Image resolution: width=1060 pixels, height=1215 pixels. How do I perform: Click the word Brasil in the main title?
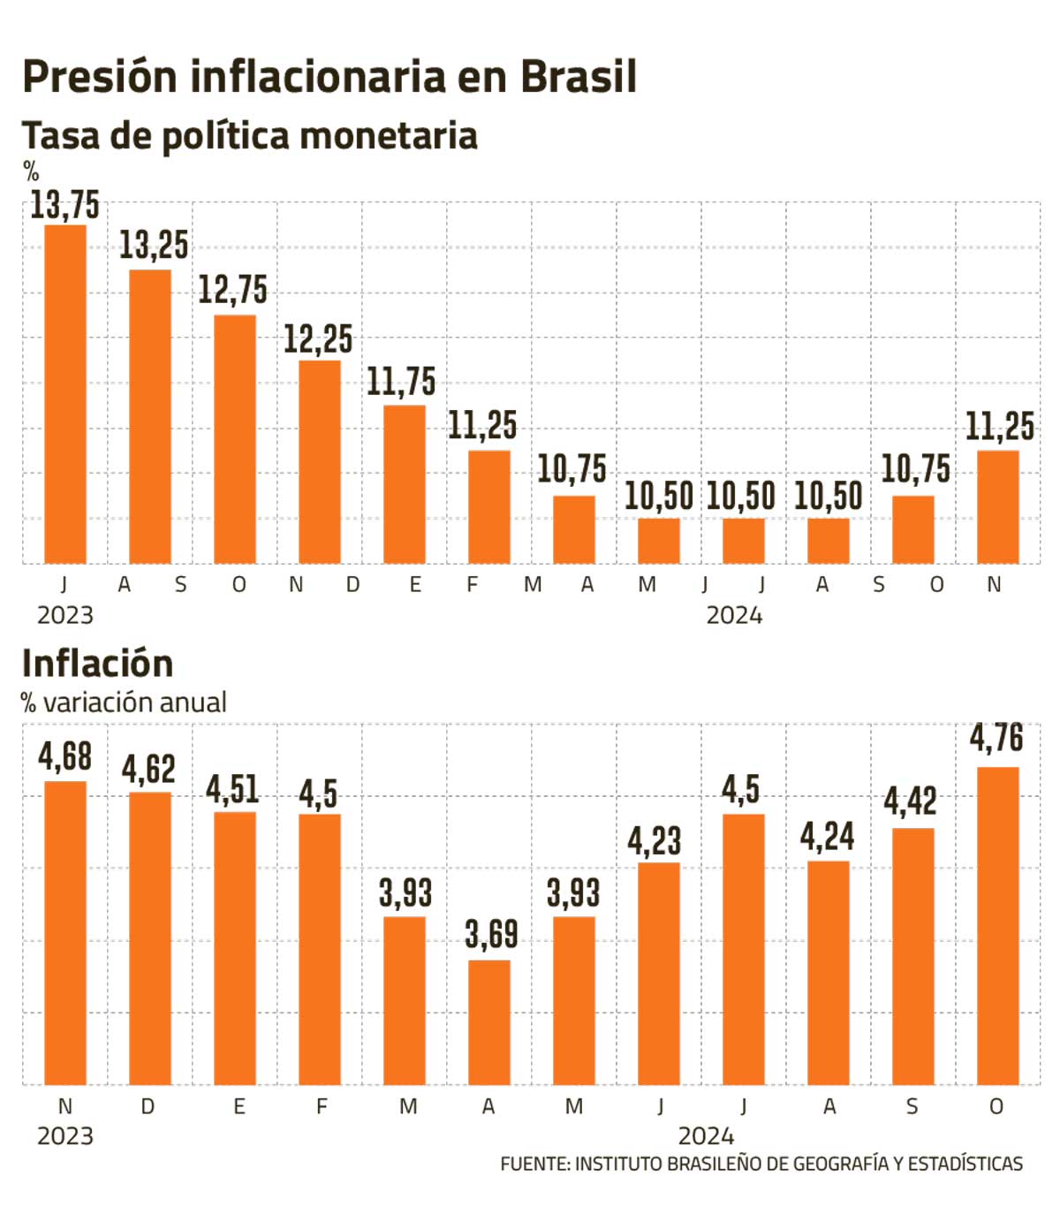tap(579, 77)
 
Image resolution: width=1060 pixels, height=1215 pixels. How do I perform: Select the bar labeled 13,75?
tap(65, 394)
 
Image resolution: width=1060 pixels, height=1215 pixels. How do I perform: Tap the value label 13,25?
tap(154, 246)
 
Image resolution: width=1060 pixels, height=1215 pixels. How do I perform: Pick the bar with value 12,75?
tap(235, 439)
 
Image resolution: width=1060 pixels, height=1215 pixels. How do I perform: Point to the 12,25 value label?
tap(317, 339)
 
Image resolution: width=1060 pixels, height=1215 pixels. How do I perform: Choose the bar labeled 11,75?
tap(405, 484)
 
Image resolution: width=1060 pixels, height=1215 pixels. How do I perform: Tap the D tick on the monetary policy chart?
tap(353, 585)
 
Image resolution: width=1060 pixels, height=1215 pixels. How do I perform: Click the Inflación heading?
tap(97, 664)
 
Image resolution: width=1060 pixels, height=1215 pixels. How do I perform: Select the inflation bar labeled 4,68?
tap(65, 932)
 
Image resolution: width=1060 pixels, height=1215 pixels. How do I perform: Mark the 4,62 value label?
tap(148, 770)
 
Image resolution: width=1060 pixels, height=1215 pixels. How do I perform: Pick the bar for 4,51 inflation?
tap(235, 948)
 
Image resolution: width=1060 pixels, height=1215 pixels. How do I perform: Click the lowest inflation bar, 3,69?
tap(489, 1022)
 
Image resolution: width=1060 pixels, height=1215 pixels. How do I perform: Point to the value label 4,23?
tap(655, 841)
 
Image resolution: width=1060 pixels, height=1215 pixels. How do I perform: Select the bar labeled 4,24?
tap(829, 973)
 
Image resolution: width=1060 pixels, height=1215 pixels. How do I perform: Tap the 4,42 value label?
tap(910, 801)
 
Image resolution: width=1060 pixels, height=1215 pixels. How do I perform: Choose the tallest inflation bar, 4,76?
tap(998, 925)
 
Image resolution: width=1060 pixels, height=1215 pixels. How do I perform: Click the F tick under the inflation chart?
tap(322, 1106)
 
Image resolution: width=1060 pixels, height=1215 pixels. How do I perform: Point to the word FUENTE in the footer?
tap(534, 1164)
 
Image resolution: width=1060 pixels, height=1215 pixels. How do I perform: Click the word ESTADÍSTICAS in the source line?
tap(965, 1164)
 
